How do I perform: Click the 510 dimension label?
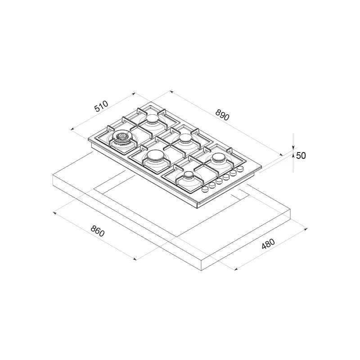point(101,106)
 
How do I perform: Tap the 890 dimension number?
point(222,115)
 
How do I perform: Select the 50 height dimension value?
point(301,156)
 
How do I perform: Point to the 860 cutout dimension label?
point(98,231)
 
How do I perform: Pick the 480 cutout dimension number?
point(268,244)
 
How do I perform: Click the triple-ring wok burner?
point(122,137)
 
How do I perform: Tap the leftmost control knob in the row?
point(205,189)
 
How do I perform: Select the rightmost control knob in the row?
point(240,169)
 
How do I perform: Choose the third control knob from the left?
point(219,181)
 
